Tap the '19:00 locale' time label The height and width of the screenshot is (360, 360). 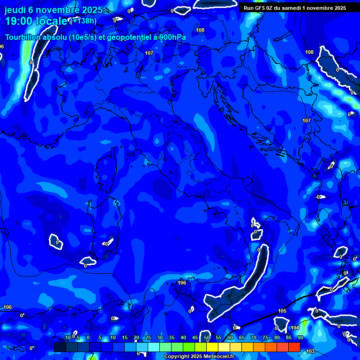36,21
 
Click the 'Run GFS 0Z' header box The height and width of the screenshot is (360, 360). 295,8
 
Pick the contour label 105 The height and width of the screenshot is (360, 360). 282,311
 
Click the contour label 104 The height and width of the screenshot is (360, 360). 295,328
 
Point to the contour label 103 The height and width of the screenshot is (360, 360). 310,351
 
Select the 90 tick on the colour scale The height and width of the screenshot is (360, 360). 300,337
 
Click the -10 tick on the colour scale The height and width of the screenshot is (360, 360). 67,337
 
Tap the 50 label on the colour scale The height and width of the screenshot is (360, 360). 207,337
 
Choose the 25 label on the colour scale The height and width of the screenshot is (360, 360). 148,337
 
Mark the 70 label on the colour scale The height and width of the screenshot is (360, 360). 254,337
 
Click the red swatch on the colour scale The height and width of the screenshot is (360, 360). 294,347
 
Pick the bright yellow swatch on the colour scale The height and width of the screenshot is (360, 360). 212,347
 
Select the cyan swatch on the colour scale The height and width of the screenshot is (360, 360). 154,347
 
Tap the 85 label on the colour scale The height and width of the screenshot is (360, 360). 289,337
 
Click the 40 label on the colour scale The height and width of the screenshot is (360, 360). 183,337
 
